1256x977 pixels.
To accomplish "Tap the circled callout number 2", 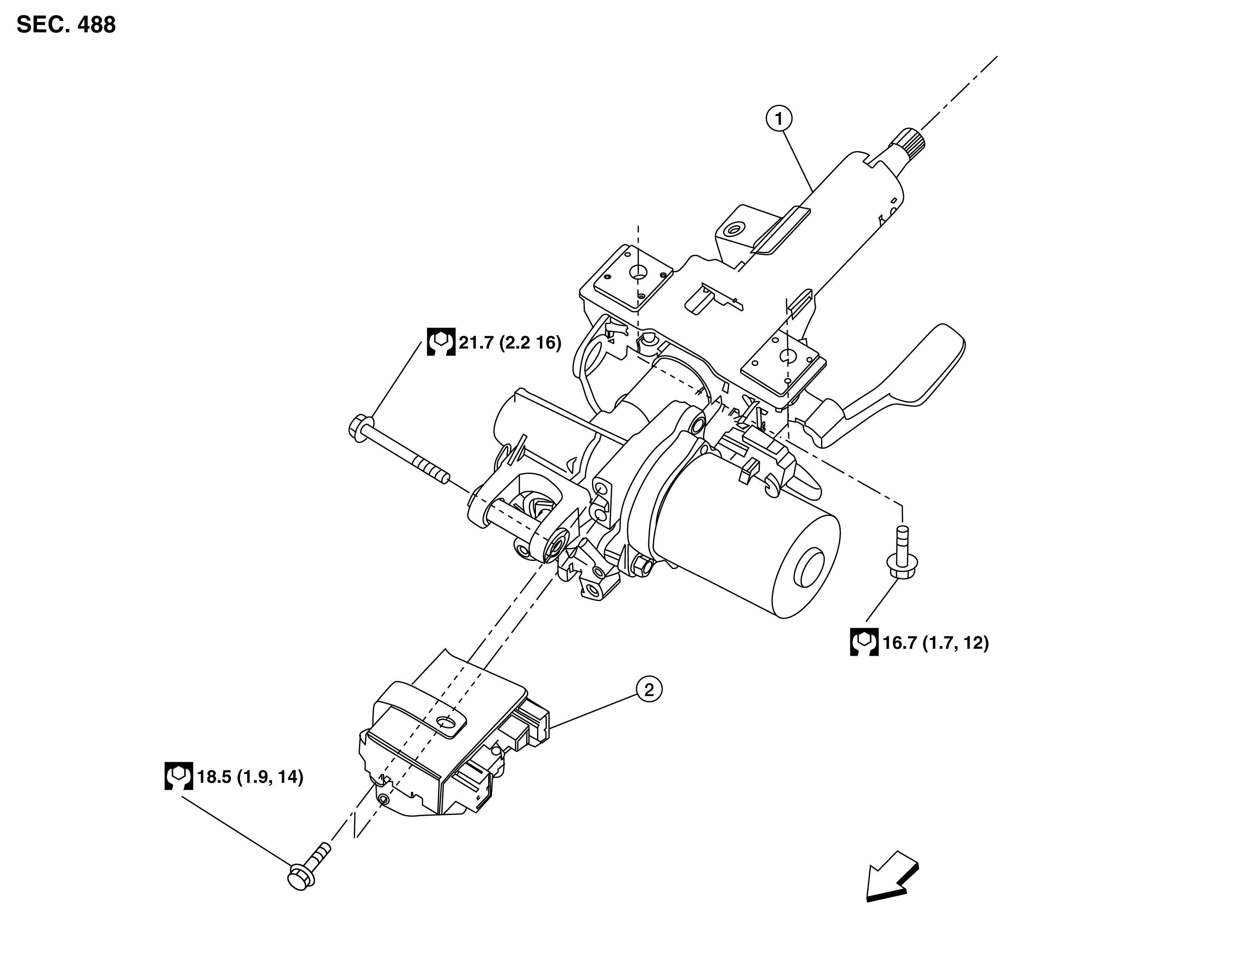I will coord(649,689).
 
